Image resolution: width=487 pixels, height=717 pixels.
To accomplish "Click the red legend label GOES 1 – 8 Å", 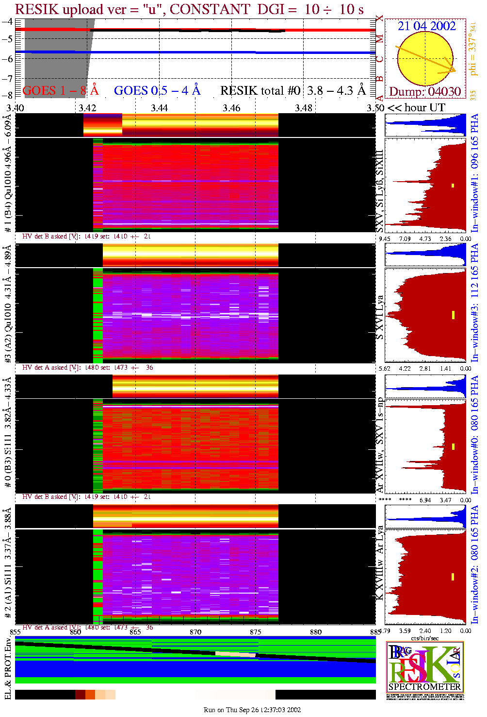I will (x=60, y=90).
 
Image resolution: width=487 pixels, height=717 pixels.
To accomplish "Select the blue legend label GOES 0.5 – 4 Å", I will (x=157, y=90).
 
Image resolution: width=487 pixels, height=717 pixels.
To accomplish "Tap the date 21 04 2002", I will (x=426, y=26).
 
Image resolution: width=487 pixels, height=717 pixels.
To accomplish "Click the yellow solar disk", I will (x=426, y=58).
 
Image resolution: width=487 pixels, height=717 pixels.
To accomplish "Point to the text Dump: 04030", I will (x=425, y=91).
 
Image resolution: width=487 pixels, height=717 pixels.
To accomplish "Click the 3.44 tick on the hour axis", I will (x=159, y=108).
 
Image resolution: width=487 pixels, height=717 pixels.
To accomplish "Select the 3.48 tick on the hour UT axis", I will (x=304, y=108).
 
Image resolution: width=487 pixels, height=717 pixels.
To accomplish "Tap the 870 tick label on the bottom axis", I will (x=195, y=632).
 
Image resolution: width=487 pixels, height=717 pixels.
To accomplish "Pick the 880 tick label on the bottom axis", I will (x=316, y=632).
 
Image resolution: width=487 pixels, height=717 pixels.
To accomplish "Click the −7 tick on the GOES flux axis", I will (x=7, y=78).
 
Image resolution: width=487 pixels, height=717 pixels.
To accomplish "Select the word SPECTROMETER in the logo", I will (x=425, y=686).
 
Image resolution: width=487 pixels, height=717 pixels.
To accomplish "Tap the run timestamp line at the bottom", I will (x=252, y=710).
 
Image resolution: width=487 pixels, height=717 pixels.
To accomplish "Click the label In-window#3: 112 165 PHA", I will (x=474, y=303).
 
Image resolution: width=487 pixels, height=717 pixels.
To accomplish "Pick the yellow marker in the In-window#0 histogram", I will (x=453, y=446).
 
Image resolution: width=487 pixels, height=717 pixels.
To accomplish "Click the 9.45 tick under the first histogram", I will (x=384, y=239).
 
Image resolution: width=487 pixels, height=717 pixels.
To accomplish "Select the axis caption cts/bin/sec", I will (x=425, y=638).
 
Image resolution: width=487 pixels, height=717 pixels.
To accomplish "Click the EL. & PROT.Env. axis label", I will (x=8, y=668).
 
